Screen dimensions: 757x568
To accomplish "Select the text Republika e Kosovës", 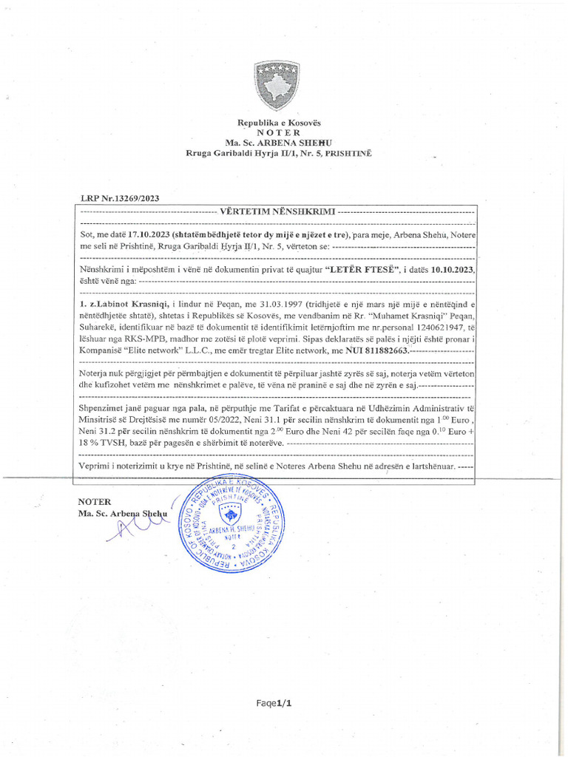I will click(x=279, y=122).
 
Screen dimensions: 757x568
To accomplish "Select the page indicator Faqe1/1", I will click(x=274, y=704).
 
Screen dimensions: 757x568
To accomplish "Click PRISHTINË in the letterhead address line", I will click(x=348, y=152).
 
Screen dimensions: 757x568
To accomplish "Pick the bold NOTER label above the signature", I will click(x=94, y=501).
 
